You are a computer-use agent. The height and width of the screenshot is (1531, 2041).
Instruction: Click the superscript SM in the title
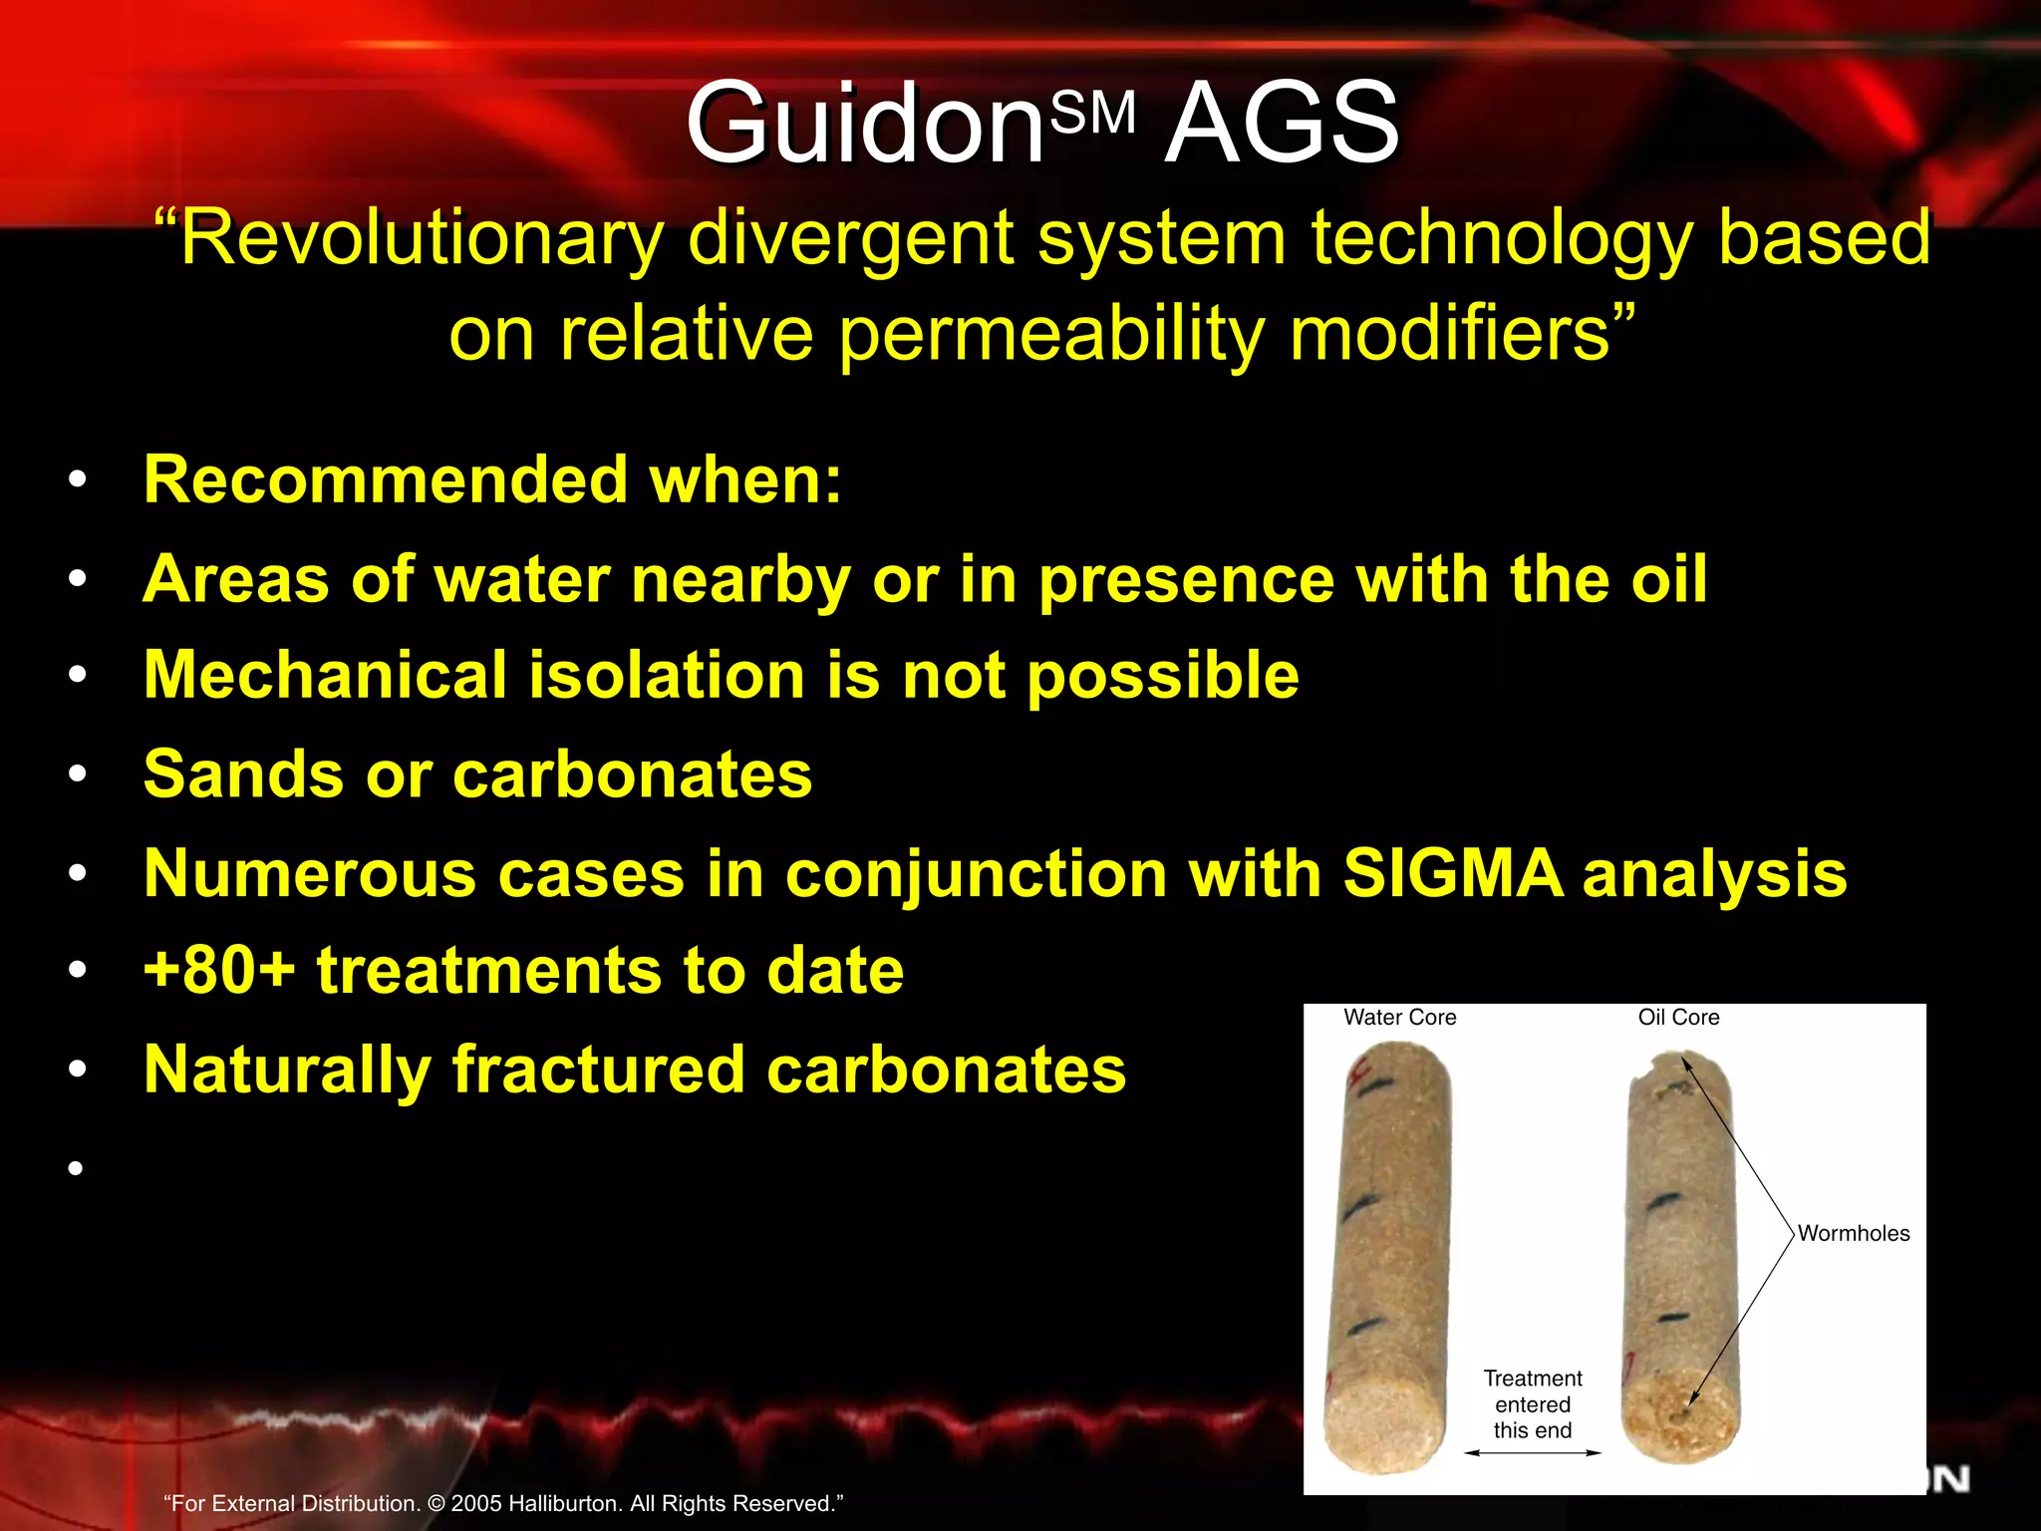pos(1093,113)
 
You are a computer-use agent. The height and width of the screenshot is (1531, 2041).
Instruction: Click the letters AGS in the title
pos(1283,124)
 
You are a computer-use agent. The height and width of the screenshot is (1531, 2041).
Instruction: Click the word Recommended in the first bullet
pos(383,479)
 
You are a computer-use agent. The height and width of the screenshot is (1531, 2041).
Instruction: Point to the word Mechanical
pos(325,676)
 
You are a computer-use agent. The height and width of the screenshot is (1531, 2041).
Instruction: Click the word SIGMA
pos(1452,873)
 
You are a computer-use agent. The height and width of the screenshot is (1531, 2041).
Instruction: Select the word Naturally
pos(287,1070)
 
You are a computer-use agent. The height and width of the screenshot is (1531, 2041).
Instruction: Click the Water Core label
pos(1399,1018)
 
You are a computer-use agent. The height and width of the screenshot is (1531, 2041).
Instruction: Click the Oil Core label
pos(1678,1018)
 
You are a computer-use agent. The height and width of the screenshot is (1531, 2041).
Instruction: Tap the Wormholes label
pos(1853,1234)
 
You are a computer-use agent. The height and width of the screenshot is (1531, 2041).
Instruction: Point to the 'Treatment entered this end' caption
pos(1532,1404)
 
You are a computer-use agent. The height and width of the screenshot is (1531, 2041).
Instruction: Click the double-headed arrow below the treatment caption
pos(1532,1453)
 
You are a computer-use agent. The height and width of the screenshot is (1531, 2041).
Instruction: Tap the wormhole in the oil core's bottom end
pos(1681,1413)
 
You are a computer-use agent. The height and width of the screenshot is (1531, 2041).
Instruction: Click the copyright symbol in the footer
pos(437,1504)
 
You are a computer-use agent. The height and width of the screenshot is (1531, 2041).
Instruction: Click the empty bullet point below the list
pos(76,1167)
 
